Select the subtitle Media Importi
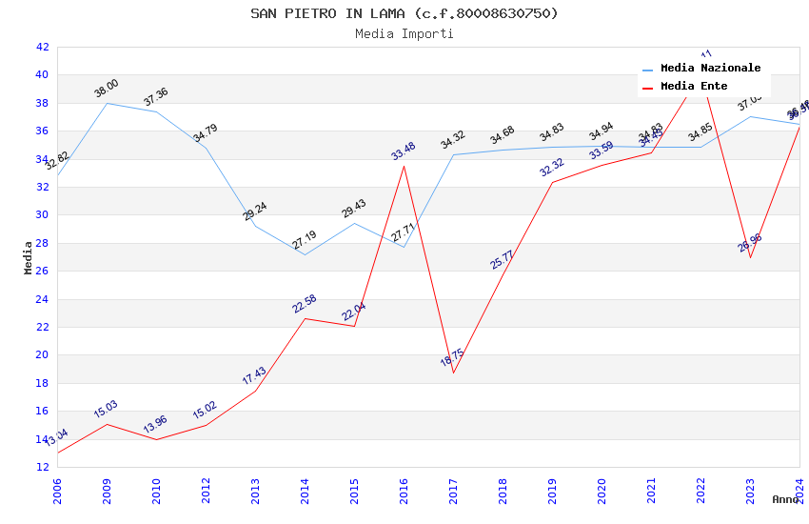coord(404,33)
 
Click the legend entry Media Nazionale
coord(710,69)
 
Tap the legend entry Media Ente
coord(694,87)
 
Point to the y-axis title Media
coord(29,257)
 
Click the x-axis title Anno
coord(785,499)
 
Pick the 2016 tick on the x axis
coord(404,491)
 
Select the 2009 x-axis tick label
coord(107,491)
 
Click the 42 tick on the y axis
coord(42,47)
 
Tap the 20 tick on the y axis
coord(42,355)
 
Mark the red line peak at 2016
coord(404,166)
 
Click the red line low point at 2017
coord(453,373)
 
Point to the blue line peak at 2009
coord(107,103)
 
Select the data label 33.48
coord(404,151)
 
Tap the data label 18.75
coord(453,360)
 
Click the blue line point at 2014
coord(305,254)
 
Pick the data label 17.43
coord(254,376)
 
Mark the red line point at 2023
coord(750,258)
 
